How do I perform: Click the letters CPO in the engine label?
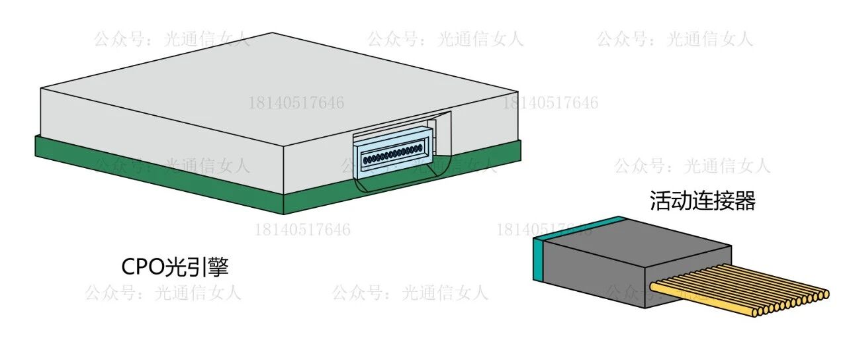click(x=144, y=267)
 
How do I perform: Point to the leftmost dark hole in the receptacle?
click(x=366, y=159)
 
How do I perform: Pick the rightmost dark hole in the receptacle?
click(x=421, y=148)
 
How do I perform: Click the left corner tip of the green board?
click(x=37, y=147)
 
